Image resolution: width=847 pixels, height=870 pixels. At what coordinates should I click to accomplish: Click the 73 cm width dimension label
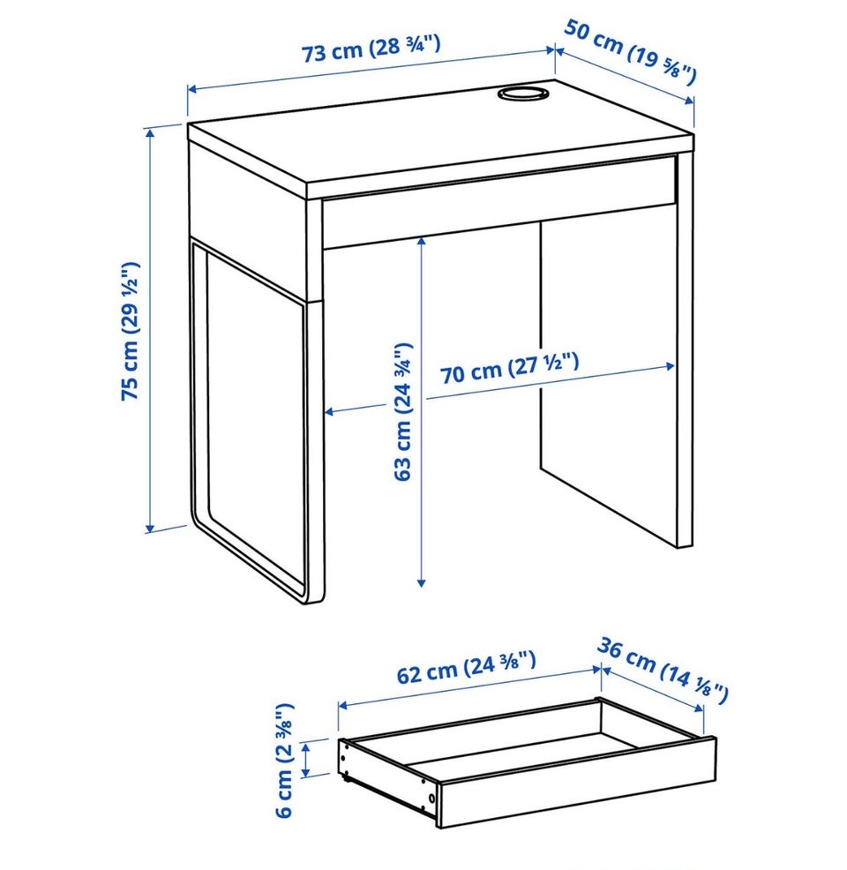(371, 48)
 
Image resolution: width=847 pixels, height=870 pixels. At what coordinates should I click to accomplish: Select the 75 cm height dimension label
(131, 331)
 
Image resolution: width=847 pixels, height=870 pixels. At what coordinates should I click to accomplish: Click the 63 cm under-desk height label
(403, 411)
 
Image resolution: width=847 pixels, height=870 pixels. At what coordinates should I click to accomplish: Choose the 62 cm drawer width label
(467, 667)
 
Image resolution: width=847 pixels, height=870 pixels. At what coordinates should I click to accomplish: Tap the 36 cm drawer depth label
(663, 671)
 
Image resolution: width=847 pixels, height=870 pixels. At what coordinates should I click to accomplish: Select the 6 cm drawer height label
(284, 760)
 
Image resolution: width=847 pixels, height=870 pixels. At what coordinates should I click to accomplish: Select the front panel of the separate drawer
(577, 783)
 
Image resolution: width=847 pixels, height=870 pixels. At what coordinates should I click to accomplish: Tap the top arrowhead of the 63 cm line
(422, 243)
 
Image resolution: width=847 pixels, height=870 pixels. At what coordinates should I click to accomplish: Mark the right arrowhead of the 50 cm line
(689, 101)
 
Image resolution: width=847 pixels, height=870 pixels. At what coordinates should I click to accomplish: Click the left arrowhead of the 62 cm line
(343, 705)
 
